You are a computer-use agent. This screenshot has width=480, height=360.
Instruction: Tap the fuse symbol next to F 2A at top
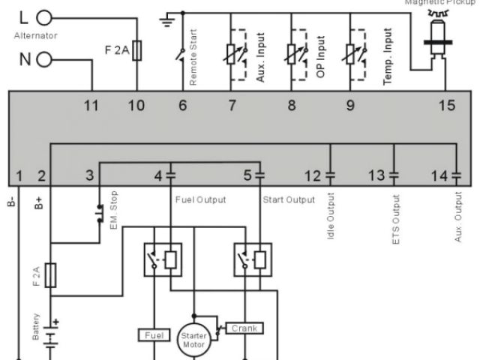136,52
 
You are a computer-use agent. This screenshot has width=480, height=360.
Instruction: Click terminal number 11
91,106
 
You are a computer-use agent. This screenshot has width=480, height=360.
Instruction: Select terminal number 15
446,106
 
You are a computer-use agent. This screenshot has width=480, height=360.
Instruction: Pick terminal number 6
181,106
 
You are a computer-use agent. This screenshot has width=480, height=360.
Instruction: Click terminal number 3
90,176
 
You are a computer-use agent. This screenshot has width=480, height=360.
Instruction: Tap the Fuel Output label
200,199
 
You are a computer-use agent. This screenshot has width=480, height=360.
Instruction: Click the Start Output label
289,199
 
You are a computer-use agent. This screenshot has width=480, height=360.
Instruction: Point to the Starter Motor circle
193,337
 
